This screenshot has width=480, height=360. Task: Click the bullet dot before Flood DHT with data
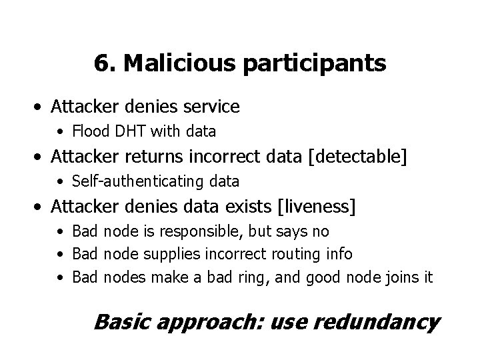(x=61, y=132)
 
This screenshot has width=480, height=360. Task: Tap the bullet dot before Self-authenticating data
(x=61, y=181)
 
